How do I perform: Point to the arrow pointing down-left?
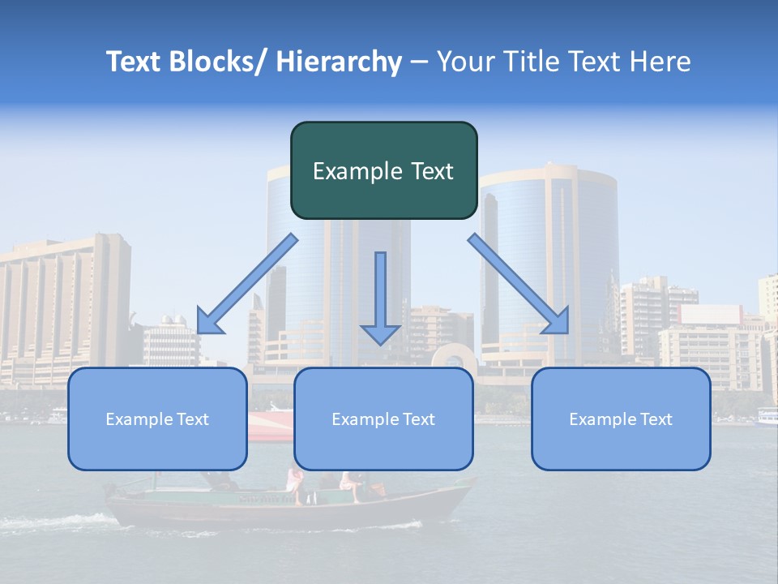click(x=246, y=284)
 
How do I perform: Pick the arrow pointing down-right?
click(x=519, y=284)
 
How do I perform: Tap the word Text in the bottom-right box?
click(x=654, y=419)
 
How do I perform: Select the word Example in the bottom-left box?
click(x=139, y=419)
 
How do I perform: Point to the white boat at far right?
click(x=766, y=417)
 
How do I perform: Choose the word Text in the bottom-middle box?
click(x=417, y=419)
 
